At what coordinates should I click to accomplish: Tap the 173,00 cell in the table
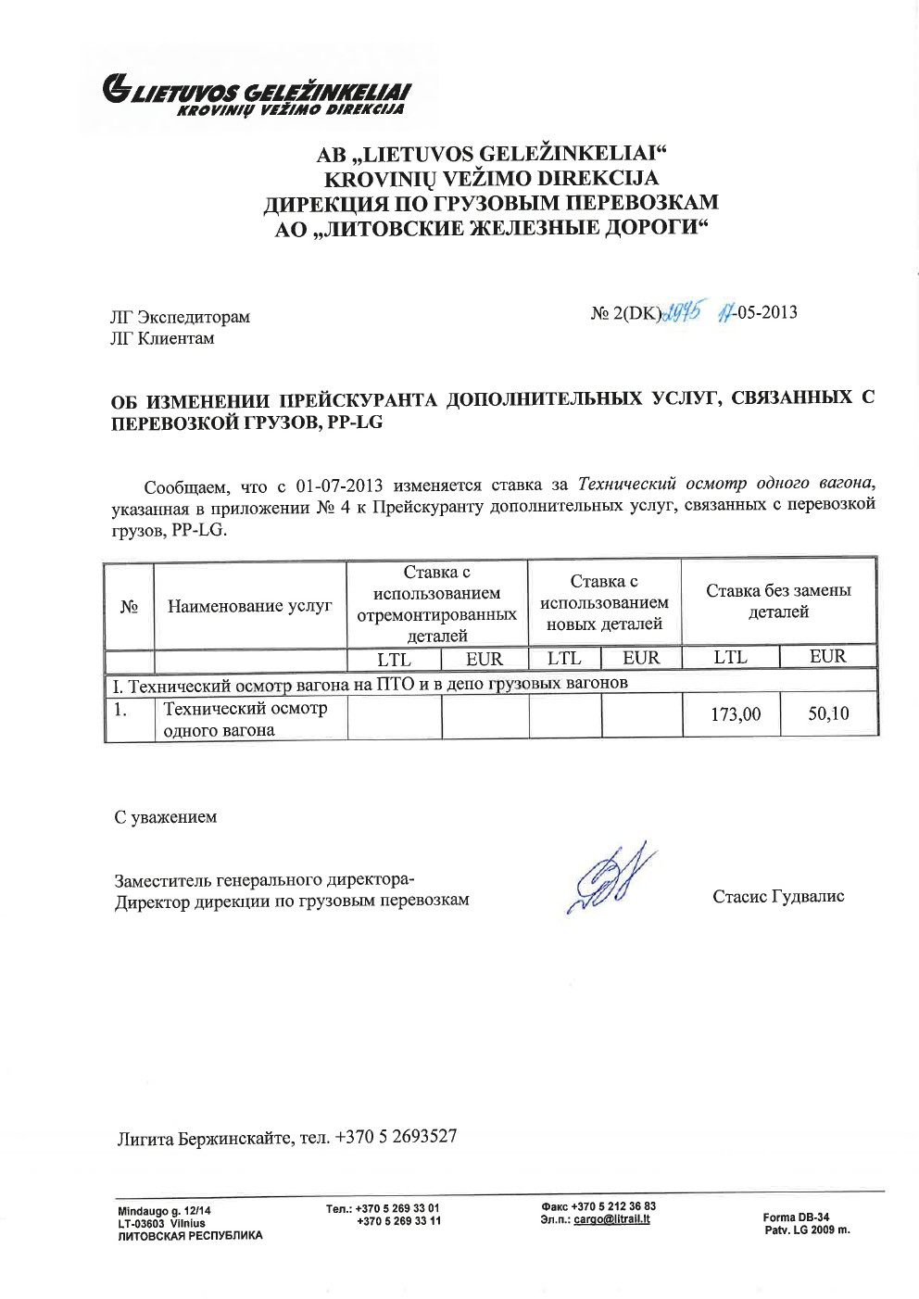736,714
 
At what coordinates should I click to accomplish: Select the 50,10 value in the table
828,713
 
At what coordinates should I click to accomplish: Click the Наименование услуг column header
249,606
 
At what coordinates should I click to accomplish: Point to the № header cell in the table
129,606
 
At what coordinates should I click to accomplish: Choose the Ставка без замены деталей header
778,601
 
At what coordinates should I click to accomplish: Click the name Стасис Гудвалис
778,896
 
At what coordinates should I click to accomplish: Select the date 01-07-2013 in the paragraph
339,486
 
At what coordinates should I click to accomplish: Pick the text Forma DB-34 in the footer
796,1217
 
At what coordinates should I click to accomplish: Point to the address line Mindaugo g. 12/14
164,1211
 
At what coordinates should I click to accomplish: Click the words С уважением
166,817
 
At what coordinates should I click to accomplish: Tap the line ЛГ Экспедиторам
180,317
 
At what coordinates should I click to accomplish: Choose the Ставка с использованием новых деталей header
604,602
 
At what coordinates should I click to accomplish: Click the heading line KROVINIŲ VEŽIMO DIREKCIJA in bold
491,179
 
